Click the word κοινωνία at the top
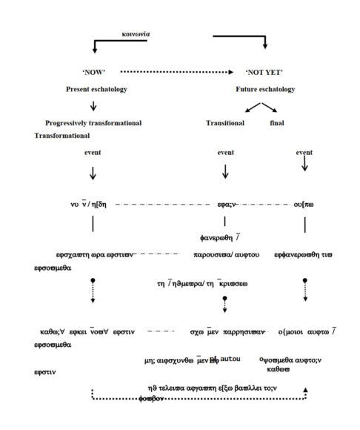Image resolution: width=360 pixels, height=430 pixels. pos(139,34)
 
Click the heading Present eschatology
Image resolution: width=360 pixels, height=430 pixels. pos(95,90)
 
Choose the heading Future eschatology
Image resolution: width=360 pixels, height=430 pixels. pos(265,90)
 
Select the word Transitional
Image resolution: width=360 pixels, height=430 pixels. pos(225,122)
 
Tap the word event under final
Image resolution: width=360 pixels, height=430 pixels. pos(304,153)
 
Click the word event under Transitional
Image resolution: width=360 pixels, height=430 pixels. pos(226,153)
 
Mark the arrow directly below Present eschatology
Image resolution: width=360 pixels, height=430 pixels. pos(93,106)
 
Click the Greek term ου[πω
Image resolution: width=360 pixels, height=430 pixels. pos(304,204)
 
